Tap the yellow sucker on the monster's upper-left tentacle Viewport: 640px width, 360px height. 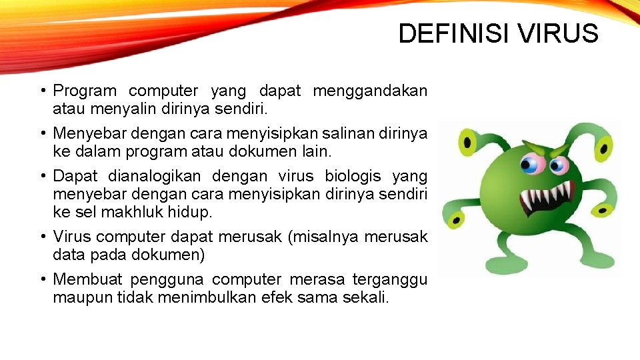467,141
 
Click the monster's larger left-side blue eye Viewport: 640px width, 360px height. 531,164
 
